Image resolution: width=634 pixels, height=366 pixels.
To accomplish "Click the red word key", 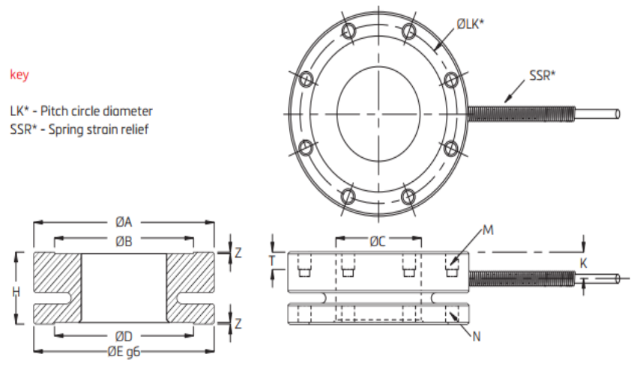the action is coord(19,75).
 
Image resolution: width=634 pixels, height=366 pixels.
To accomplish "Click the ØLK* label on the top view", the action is coord(470,24).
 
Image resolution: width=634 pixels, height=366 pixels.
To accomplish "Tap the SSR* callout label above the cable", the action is coord(543,75).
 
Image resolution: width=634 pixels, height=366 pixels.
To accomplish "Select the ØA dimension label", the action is coord(124,222).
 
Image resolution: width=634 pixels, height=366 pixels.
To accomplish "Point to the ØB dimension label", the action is coord(124,241).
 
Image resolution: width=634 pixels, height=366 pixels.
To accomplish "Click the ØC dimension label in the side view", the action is coord(378,241).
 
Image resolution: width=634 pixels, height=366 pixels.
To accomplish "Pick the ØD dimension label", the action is coord(124,336).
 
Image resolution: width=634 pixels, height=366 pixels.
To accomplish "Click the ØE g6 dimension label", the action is coord(124,352).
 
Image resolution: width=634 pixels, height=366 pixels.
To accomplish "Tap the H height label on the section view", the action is coord(16,291).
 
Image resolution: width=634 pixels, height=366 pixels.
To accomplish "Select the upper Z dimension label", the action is coord(238,252).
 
